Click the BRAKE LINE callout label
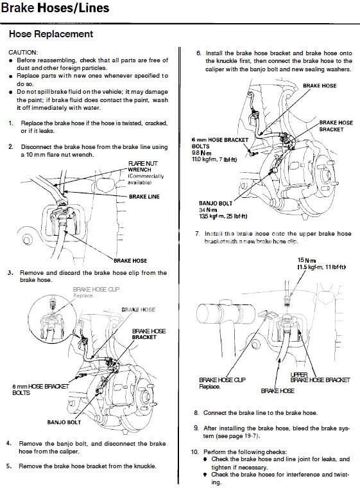click(144, 196)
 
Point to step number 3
click(11, 272)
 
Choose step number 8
click(196, 412)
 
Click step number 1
click(11, 122)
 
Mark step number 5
click(11, 466)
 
